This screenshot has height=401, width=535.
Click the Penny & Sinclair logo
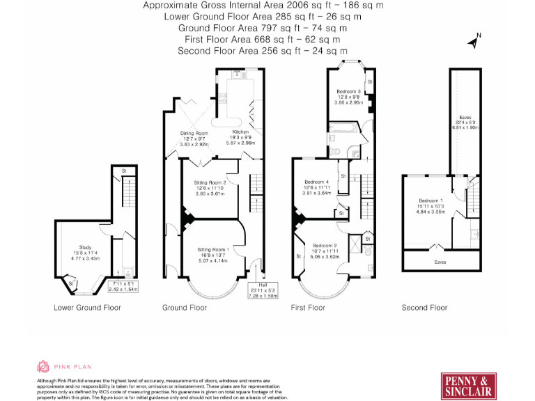pos(470,386)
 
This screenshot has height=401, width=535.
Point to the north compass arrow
pos(474,41)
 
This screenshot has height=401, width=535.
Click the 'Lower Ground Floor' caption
pos(87,307)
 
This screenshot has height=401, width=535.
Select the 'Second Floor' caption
pos(424,307)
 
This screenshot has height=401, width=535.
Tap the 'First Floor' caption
pos(308,307)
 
